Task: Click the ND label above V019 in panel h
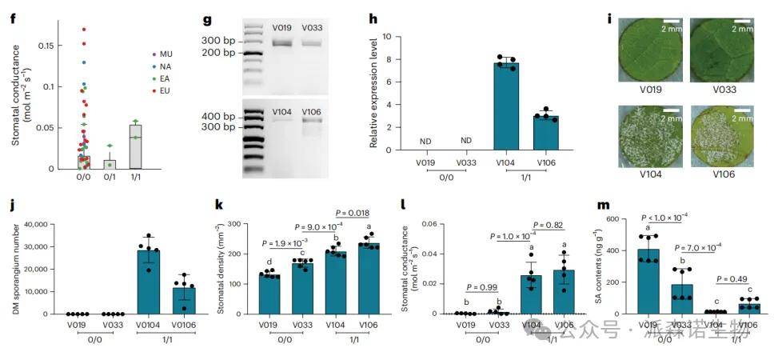(425, 142)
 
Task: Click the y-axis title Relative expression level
(373, 92)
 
